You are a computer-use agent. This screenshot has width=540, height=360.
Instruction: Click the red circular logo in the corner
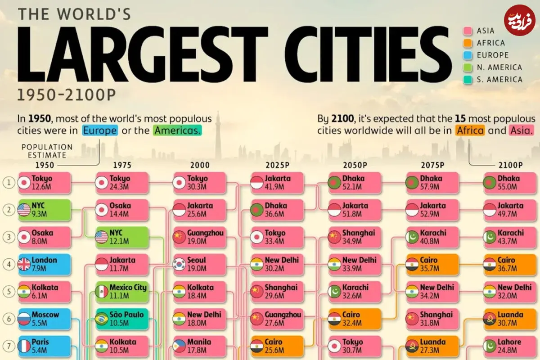(519, 20)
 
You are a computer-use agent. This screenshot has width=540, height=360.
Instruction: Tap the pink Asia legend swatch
(468, 31)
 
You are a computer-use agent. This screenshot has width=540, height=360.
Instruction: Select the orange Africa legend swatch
(468, 43)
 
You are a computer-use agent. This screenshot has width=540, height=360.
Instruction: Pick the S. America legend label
(499, 79)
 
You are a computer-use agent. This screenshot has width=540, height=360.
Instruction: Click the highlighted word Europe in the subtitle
(100, 130)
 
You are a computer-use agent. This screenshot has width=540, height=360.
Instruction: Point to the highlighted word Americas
(177, 130)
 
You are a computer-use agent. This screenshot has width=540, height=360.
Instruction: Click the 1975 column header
(122, 165)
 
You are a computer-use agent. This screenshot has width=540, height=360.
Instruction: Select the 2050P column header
(355, 165)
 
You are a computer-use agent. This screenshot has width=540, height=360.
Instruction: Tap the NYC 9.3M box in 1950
(45, 210)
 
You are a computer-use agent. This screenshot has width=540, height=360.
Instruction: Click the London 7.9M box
(45, 265)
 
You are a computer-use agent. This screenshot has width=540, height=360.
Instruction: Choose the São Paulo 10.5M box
(122, 319)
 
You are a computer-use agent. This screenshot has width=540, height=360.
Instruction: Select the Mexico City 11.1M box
(122, 292)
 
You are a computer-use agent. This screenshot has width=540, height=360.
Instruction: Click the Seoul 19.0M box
(200, 265)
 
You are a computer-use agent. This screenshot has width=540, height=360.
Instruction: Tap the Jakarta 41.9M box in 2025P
(278, 183)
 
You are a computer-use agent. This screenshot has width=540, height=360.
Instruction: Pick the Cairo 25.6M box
(278, 346)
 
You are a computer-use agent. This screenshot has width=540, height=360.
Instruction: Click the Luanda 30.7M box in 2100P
(510, 319)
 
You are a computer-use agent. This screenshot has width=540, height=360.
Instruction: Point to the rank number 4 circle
(9, 265)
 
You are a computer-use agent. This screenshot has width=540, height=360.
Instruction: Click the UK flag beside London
(24, 265)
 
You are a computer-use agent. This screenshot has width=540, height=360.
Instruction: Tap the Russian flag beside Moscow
(24, 319)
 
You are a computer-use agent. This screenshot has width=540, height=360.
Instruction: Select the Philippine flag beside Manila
(180, 346)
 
